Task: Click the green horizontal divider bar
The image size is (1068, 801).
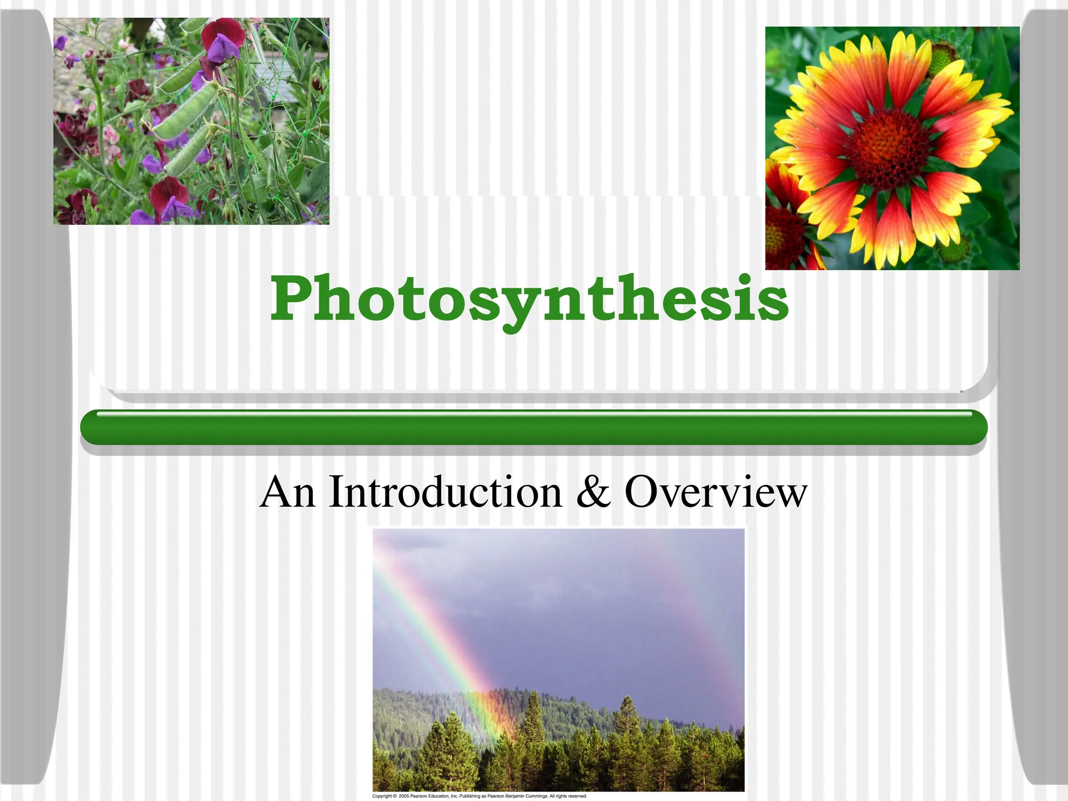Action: click(533, 428)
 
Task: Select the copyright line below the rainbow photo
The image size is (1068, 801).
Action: click(479, 796)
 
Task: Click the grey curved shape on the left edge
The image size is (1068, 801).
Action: click(31, 396)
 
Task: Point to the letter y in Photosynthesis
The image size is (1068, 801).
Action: click(516, 308)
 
